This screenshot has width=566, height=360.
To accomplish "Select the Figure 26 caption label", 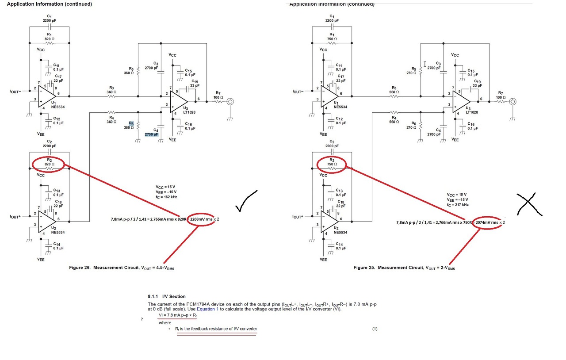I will click(122, 268).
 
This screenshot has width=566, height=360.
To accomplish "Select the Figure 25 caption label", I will click(404, 268).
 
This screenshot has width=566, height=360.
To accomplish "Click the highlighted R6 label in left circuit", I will click(131, 123).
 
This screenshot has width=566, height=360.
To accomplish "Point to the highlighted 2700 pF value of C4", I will click(151, 134).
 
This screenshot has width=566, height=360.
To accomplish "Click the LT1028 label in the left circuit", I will click(189, 112).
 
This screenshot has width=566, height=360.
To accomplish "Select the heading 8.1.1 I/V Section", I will click(167, 296).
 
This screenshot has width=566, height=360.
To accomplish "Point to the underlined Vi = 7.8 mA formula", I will click(177, 315).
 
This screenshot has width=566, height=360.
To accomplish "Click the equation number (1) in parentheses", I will click(375, 329).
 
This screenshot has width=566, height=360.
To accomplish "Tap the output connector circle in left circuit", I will click(230, 102).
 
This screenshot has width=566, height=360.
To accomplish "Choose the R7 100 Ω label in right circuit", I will click(500, 95).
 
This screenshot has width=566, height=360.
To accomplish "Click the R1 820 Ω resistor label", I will click(49, 37).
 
